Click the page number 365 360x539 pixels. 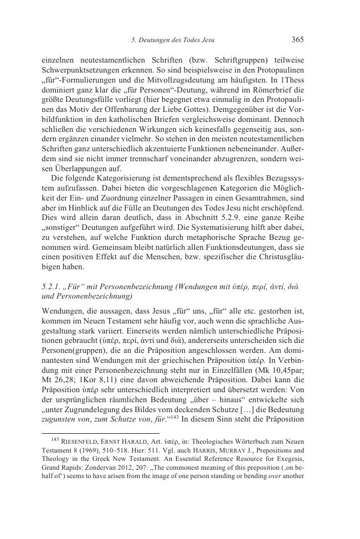tap(297, 39)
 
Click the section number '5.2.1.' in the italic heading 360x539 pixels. tap(53, 286)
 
